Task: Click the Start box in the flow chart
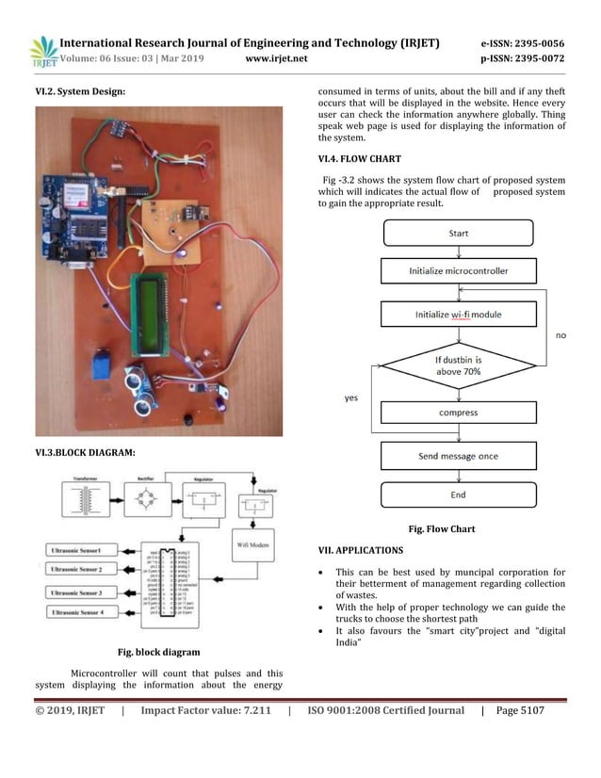[x=458, y=233]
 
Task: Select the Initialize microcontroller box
[x=458, y=270]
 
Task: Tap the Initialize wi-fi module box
[x=458, y=314]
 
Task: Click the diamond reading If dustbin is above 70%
[x=458, y=365]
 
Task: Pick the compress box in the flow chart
[x=458, y=413]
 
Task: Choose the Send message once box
[x=458, y=457]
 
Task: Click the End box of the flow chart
[x=458, y=494]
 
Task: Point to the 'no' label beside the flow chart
[x=560, y=334]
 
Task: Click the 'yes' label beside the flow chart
[x=350, y=398]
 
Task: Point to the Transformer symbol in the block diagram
[x=89, y=496]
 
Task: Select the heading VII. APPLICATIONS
[x=361, y=550]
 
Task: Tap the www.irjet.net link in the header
[x=276, y=58]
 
